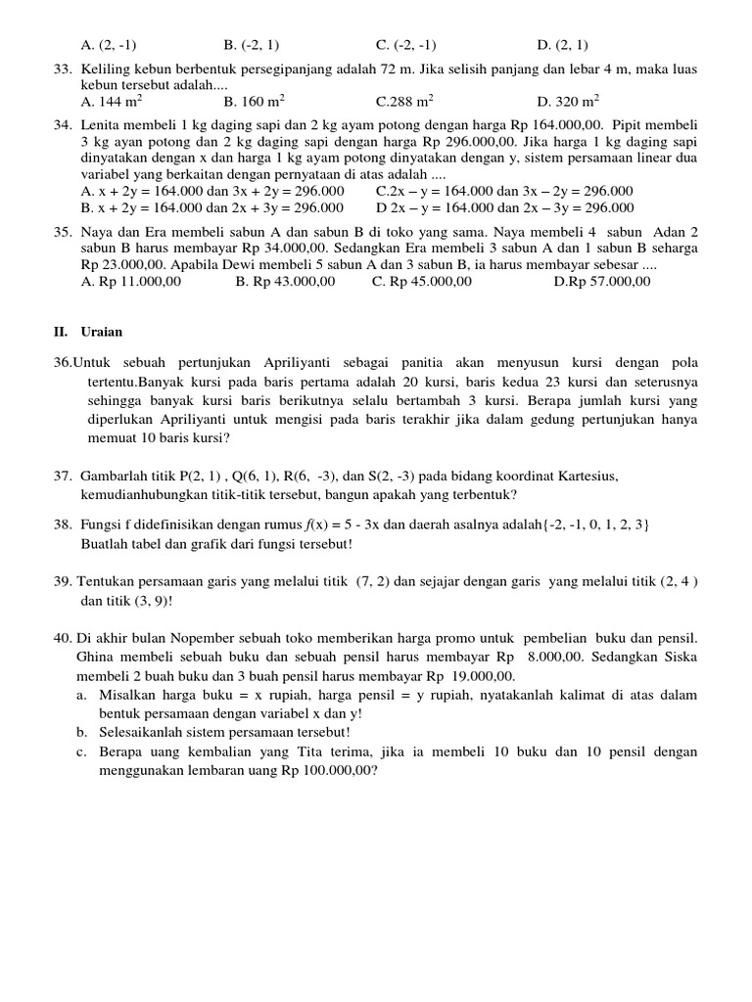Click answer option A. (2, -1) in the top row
110,45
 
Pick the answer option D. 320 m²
569,100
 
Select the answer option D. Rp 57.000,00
601,281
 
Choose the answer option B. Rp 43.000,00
285,281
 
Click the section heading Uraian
101,332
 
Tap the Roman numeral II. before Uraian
61,332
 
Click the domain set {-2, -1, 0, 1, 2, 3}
587,524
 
